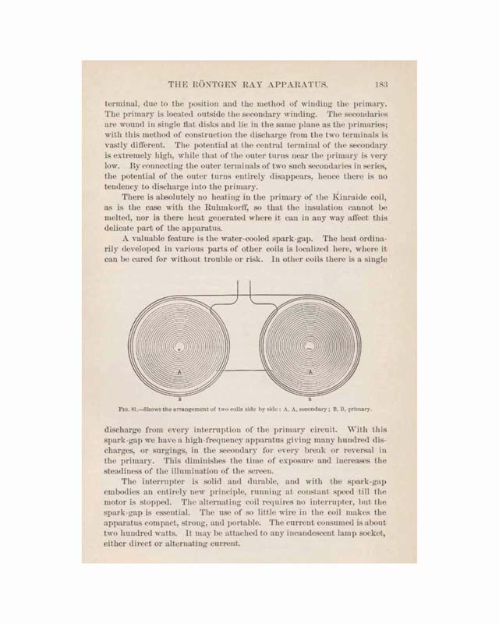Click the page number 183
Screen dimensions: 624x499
[x=381, y=84]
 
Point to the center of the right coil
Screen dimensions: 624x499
[x=311, y=346]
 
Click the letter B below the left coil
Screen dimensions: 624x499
[x=180, y=398]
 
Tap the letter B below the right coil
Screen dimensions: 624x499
[x=312, y=398]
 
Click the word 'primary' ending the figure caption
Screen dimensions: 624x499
[x=359, y=408]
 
